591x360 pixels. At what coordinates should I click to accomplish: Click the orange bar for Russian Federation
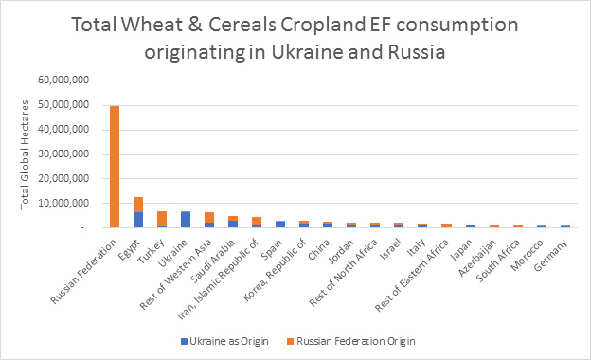115,166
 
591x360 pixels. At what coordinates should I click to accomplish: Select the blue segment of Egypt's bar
138,219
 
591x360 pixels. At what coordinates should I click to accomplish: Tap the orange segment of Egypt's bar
138,204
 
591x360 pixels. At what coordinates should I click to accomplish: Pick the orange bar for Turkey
162,219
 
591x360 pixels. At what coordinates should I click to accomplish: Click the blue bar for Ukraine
186,219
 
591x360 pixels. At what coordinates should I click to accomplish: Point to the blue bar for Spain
279,224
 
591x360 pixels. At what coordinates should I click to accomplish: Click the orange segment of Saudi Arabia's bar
232,218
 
